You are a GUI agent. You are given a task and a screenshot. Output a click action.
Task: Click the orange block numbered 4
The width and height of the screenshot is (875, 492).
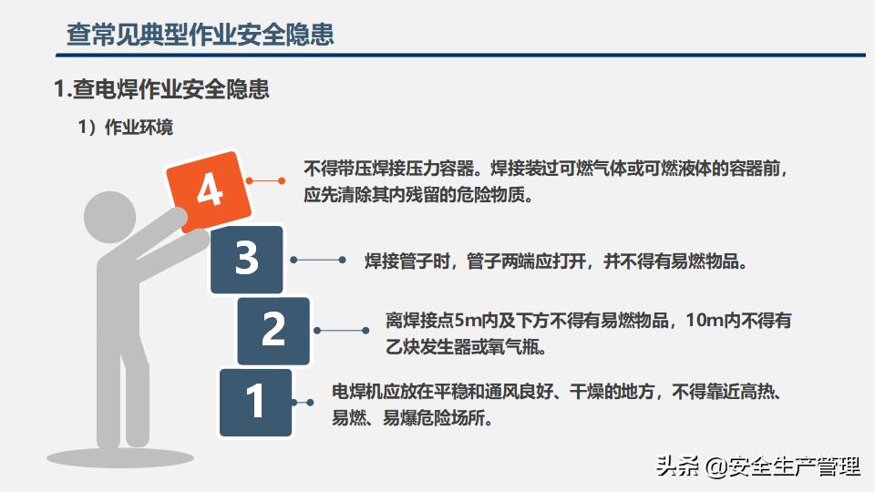pos(210,190)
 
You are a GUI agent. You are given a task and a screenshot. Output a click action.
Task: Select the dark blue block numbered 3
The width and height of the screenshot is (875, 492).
pos(247,260)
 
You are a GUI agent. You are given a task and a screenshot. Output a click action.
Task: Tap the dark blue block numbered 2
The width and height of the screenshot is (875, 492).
pos(273,331)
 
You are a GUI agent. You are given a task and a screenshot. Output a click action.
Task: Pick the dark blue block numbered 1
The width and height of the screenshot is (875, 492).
pos(255,402)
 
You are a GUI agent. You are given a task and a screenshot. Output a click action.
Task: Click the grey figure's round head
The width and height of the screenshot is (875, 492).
pos(110,218)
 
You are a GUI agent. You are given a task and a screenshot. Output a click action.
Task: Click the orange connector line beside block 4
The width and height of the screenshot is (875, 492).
pos(265,180)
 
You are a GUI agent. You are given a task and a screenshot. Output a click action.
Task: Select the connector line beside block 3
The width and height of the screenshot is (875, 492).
pos(318,260)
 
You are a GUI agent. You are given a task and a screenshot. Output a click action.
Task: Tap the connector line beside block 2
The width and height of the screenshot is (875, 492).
pos(342,331)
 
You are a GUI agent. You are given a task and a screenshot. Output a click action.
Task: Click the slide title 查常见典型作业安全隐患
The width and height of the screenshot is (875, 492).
pos(201,34)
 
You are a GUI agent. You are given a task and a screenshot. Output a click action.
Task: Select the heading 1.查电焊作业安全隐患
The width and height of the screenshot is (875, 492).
pos(162,89)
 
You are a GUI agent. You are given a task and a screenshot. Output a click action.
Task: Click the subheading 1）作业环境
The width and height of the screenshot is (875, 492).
pos(126,128)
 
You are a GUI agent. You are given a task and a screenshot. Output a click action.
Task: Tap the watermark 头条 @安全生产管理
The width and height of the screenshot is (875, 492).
pos(757,466)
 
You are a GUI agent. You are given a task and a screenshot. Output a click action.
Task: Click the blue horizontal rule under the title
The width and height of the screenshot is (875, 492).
pos(460,56)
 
